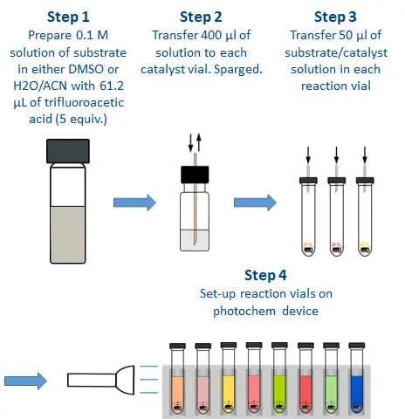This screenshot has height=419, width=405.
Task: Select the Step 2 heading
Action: pos(201,16)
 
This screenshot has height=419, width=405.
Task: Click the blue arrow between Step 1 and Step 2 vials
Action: pos(134,204)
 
